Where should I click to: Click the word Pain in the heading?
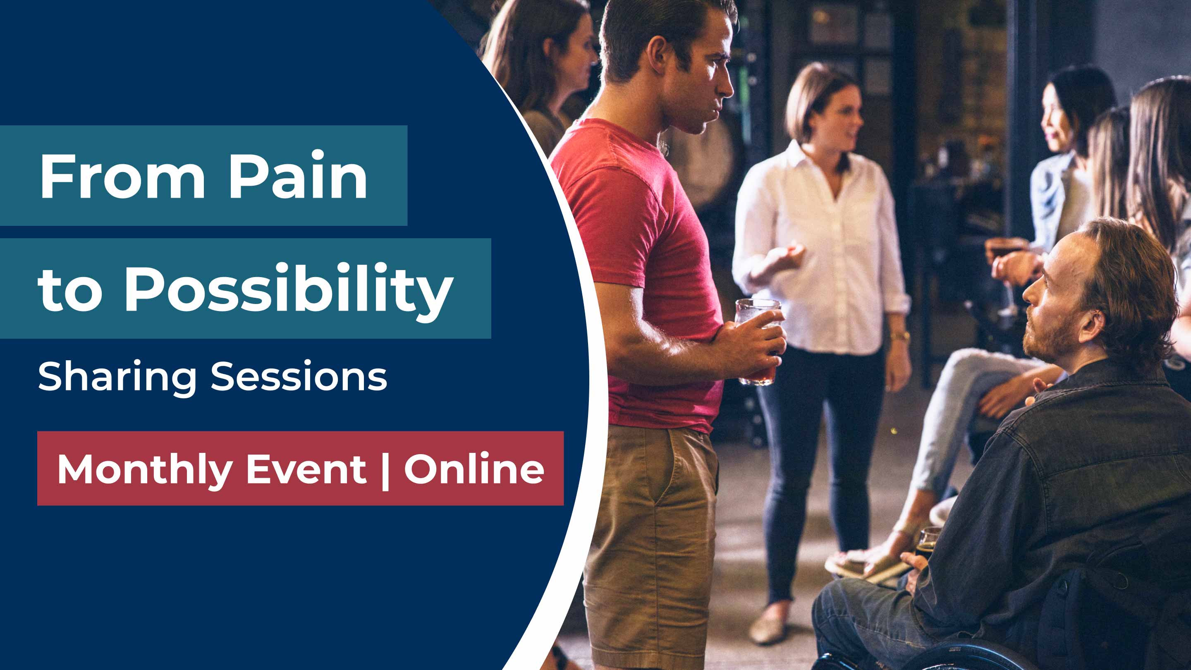[x=298, y=175]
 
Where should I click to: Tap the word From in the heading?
[x=122, y=177]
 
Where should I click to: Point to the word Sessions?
[x=299, y=376]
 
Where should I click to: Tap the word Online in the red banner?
[x=474, y=469]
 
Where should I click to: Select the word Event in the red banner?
[x=306, y=470]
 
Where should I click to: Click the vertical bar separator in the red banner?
[x=385, y=471]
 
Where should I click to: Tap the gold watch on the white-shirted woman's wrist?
[x=900, y=336]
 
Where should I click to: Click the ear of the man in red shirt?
[x=658, y=54]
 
